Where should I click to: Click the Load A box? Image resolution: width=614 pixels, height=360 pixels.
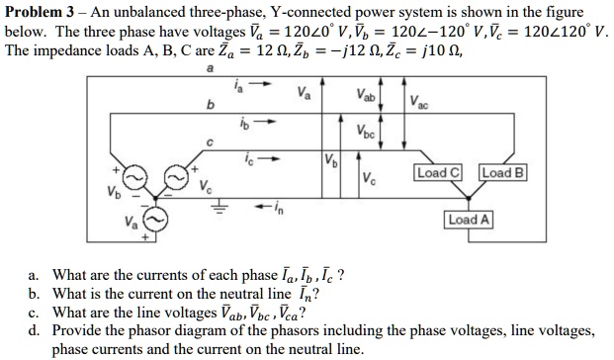468,220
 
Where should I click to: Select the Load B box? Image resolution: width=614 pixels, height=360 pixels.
504,173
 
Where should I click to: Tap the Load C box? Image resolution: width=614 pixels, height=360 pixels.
438,173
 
